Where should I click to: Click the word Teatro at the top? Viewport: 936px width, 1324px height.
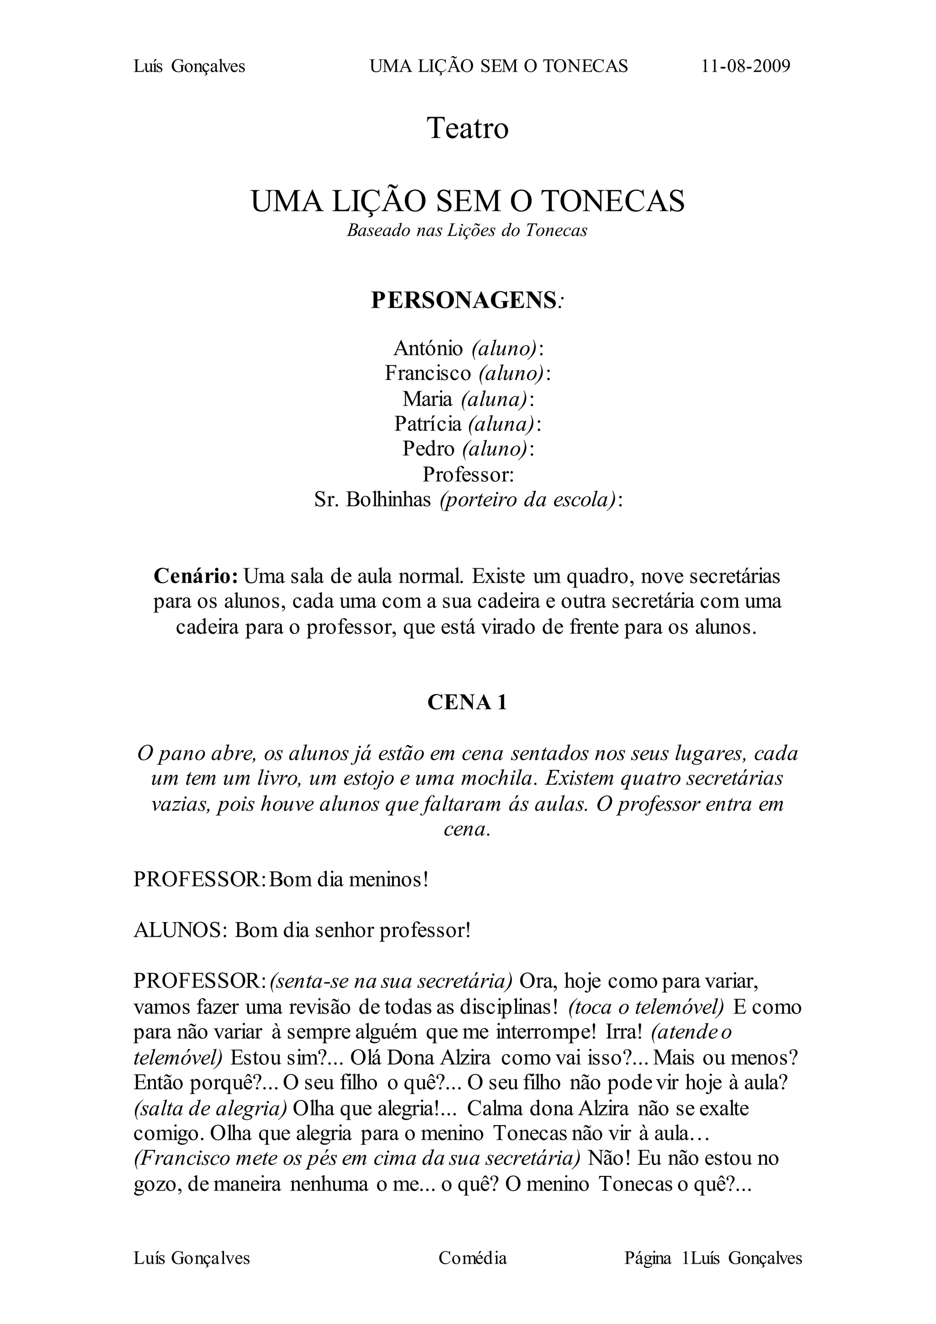[x=468, y=128]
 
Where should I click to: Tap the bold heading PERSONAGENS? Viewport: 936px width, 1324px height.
[x=463, y=300]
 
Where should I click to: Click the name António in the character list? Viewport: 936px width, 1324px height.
[x=428, y=348]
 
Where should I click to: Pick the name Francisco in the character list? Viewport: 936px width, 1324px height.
[x=428, y=374]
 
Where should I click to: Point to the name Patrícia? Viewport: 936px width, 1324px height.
[x=428, y=424]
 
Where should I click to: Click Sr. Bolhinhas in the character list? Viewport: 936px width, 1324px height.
[x=372, y=499]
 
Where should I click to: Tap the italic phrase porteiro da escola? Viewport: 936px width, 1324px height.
[x=527, y=499]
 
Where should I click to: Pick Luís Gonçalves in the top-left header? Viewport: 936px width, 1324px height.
[x=189, y=66]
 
